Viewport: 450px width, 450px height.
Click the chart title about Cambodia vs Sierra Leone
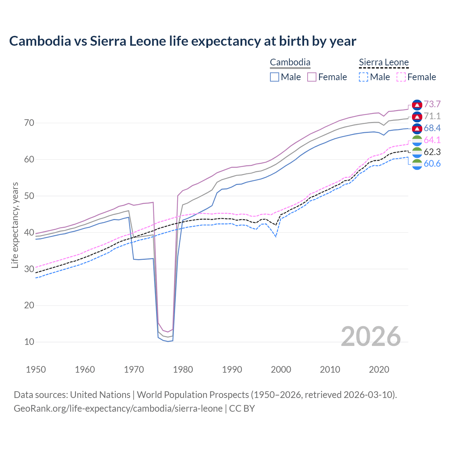tap(182, 41)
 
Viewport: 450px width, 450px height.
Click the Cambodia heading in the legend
tap(290, 63)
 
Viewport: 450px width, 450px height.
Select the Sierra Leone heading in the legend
tap(384, 63)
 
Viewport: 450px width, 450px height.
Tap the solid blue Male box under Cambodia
tap(275, 77)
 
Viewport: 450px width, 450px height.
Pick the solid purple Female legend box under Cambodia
tap(312, 77)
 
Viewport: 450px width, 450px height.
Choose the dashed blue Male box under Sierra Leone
tap(364, 77)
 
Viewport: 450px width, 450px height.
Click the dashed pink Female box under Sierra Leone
tap(401, 77)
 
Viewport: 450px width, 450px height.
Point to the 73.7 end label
tap(432, 104)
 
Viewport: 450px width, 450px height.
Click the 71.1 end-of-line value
tap(432, 116)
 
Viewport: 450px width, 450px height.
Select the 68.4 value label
tap(432, 128)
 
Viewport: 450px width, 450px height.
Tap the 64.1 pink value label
tap(432, 140)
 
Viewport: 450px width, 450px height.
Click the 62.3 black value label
tap(432, 152)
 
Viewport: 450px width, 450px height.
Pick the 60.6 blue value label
tap(432, 164)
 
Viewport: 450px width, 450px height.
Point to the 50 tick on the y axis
tap(29, 196)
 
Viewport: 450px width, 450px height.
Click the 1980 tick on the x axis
tap(183, 369)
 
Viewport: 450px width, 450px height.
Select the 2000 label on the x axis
tap(281, 369)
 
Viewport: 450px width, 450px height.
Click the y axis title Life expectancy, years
tap(15, 225)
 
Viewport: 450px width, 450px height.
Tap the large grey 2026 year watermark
tap(371, 336)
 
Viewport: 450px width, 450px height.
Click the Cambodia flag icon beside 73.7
tap(417, 105)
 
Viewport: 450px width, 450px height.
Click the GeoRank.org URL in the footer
tap(118, 409)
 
